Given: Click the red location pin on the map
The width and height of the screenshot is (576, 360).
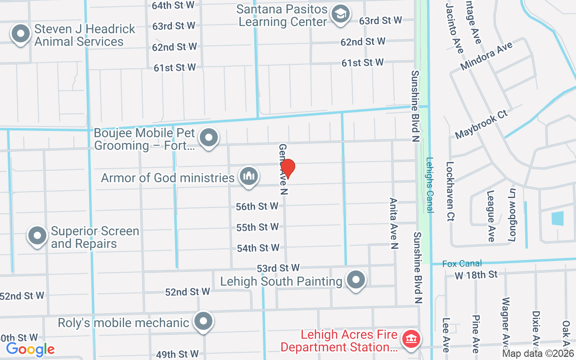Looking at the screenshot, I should [x=288, y=168].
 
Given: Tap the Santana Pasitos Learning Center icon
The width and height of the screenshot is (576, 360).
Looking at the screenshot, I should [x=341, y=14].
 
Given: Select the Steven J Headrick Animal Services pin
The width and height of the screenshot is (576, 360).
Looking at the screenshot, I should [x=20, y=34].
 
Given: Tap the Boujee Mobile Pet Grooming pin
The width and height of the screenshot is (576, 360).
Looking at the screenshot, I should [x=209, y=138].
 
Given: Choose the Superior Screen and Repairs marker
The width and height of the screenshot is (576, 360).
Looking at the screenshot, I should [x=37, y=235].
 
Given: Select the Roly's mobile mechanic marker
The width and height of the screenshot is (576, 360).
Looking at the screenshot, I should [x=203, y=322].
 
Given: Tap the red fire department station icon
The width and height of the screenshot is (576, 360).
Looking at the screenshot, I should [x=410, y=338].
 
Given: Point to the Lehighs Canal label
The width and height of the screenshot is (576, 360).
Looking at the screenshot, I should [x=430, y=184].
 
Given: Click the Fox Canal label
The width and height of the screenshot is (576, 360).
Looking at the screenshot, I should [x=462, y=264].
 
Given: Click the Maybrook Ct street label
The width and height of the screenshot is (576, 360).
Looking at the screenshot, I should [x=481, y=124].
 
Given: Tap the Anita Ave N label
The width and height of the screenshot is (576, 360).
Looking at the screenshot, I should [x=394, y=224].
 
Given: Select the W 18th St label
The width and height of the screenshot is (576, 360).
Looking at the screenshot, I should [x=476, y=274].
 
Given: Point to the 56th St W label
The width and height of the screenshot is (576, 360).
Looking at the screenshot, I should [x=257, y=207].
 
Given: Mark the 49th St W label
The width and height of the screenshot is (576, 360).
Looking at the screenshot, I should [x=177, y=354].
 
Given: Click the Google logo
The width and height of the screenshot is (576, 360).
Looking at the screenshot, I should [x=30, y=349].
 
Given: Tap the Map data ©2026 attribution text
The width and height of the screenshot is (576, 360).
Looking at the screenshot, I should [x=538, y=354].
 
